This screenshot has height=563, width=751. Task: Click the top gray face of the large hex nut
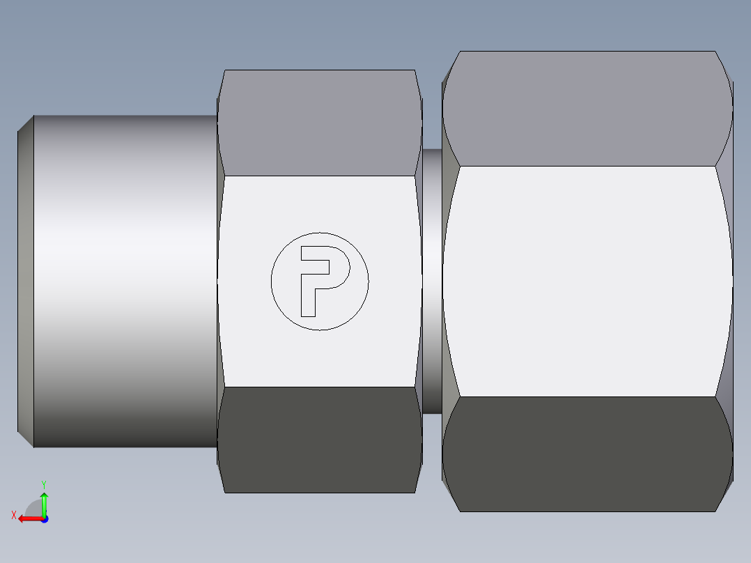587,108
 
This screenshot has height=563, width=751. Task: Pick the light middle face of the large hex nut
587,281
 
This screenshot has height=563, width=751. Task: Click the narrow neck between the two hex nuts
431,281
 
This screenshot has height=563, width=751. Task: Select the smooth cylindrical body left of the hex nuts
125,281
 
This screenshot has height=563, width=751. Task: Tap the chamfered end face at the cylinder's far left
25,281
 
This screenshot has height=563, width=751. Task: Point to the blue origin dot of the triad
44,519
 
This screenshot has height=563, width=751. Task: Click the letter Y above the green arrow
43,484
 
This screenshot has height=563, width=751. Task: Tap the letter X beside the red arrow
14,515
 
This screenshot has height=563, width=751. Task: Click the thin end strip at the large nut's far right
729,281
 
